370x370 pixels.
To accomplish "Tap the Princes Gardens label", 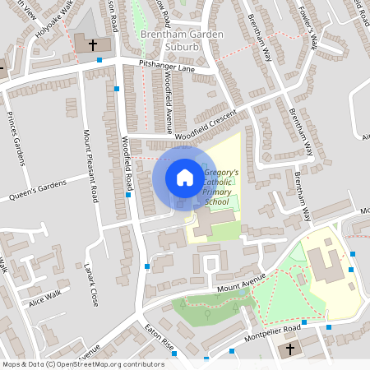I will (16, 136).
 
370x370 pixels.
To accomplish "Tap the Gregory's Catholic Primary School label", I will (220, 187).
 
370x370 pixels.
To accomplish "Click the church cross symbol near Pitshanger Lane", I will (92, 44).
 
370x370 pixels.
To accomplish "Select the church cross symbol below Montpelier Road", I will (289, 349).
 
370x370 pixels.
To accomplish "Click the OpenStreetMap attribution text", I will (83, 363).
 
